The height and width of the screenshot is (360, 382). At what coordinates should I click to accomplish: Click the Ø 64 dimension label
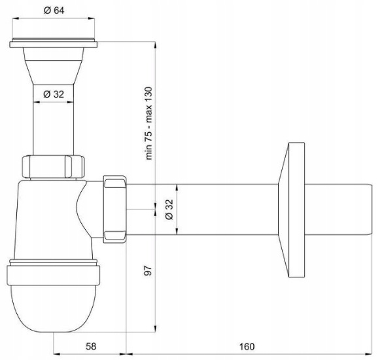[54, 10]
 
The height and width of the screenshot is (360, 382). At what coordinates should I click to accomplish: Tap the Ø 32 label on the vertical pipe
[54, 94]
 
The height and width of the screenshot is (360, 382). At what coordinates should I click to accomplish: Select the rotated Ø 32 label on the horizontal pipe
[169, 209]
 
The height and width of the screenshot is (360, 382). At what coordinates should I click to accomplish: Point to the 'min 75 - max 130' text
[149, 123]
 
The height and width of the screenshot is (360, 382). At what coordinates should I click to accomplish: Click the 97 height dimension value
[148, 270]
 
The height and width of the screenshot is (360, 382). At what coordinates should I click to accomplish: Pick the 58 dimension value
[91, 346]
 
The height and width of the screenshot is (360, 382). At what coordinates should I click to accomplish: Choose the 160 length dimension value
[247, 346]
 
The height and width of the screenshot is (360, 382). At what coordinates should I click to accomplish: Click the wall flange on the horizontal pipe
[292, 210]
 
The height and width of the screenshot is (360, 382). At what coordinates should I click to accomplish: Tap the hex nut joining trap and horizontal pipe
[114, 209]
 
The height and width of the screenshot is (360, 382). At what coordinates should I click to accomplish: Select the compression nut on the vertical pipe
[54, 167]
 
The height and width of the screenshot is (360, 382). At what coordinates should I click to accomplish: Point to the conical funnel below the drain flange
[54, 66]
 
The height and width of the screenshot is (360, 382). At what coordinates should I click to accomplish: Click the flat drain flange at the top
[54, 43]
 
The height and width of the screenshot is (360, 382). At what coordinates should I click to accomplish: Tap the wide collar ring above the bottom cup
[54, 275]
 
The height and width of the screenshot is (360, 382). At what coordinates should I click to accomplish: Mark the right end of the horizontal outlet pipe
[372, 209]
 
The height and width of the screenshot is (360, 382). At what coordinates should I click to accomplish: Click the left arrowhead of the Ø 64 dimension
[15, 18]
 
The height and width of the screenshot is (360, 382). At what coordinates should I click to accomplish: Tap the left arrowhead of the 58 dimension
[57, 353]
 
